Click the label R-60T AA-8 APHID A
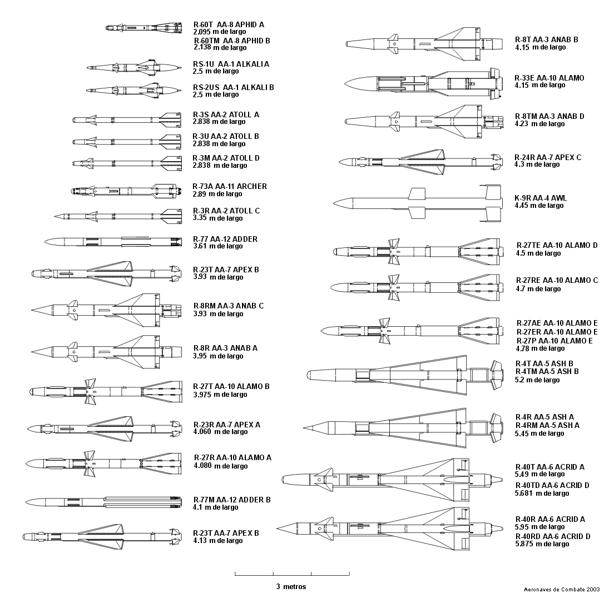click(229, 24)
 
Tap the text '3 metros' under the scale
click(291, 586)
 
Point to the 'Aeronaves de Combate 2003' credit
click(562, 589)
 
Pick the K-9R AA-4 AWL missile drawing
click(418, 203)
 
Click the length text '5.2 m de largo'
click(537, 380)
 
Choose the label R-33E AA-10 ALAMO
click(549, 78)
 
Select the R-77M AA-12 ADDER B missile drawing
click(103, 502)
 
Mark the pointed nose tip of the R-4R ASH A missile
click(304, 427)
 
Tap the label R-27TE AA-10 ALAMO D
click(557, 245)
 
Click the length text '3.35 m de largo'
click(217, 218)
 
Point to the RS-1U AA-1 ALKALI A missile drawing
click(134, 67)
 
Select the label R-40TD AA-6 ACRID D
click(552, 485)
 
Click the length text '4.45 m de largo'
click(539, 206)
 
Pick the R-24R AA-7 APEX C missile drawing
click(421, 161)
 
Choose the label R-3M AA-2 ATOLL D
click(226, 158)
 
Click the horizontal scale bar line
click(292, 575)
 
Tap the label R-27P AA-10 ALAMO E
click(555, 341)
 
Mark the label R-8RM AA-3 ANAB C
click(229, 306)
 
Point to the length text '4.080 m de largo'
click(221, 466)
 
